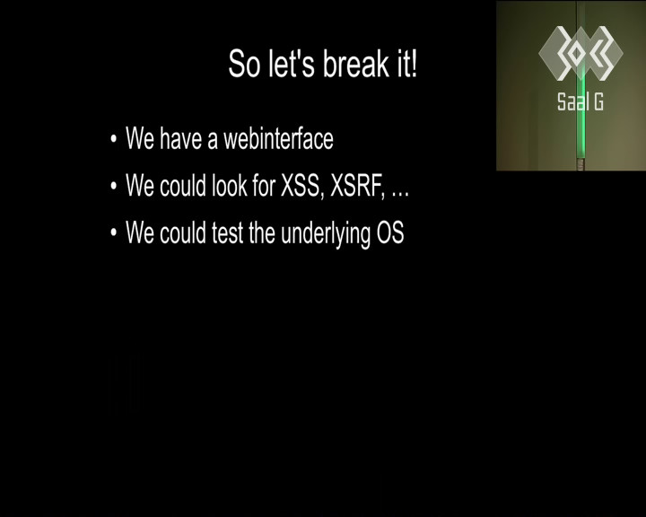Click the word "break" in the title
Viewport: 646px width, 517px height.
(x=355, y=64)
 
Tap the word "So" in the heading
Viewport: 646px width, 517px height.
(x=244, y=64)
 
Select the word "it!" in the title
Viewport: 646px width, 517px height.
(x=407, y=64)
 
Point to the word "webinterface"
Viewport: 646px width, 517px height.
(x=278, y=138)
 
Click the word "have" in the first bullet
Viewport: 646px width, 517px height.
(x=180, y=138)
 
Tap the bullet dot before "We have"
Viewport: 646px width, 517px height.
(x=114, y=139)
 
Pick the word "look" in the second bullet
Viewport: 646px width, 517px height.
(x=229, y=186)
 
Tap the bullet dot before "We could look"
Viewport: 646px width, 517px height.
(x=114, y=186)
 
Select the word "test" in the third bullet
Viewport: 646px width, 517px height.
(x=227, y=233)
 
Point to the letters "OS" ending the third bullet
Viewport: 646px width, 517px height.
(x=390, y=233)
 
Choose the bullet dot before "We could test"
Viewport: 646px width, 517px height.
(x=114, y=232)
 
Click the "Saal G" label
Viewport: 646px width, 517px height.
(x=581, y=101)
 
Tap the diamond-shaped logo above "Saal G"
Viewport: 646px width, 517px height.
(x=581, y=53)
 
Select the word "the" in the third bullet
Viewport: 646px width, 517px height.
(x=262, y=233)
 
